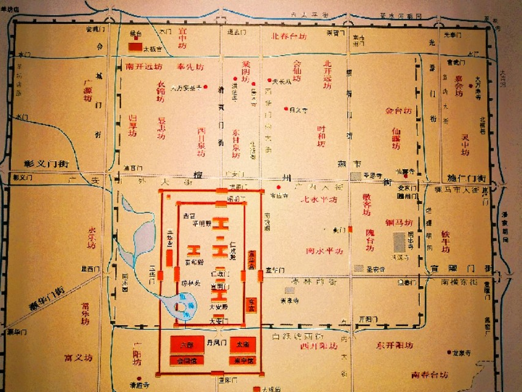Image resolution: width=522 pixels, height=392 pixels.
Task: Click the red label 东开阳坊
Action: click(x=397, y=344)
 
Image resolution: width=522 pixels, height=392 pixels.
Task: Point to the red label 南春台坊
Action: click(x=430, y=374)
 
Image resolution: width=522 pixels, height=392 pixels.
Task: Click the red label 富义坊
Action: click(x=78, y=357)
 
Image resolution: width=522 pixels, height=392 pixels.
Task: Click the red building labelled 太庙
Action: click(x=243, y=345)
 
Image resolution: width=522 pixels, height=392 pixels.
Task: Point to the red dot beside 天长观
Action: click(x=269, y=80)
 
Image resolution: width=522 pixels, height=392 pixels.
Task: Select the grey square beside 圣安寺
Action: click(x=357, y=268)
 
